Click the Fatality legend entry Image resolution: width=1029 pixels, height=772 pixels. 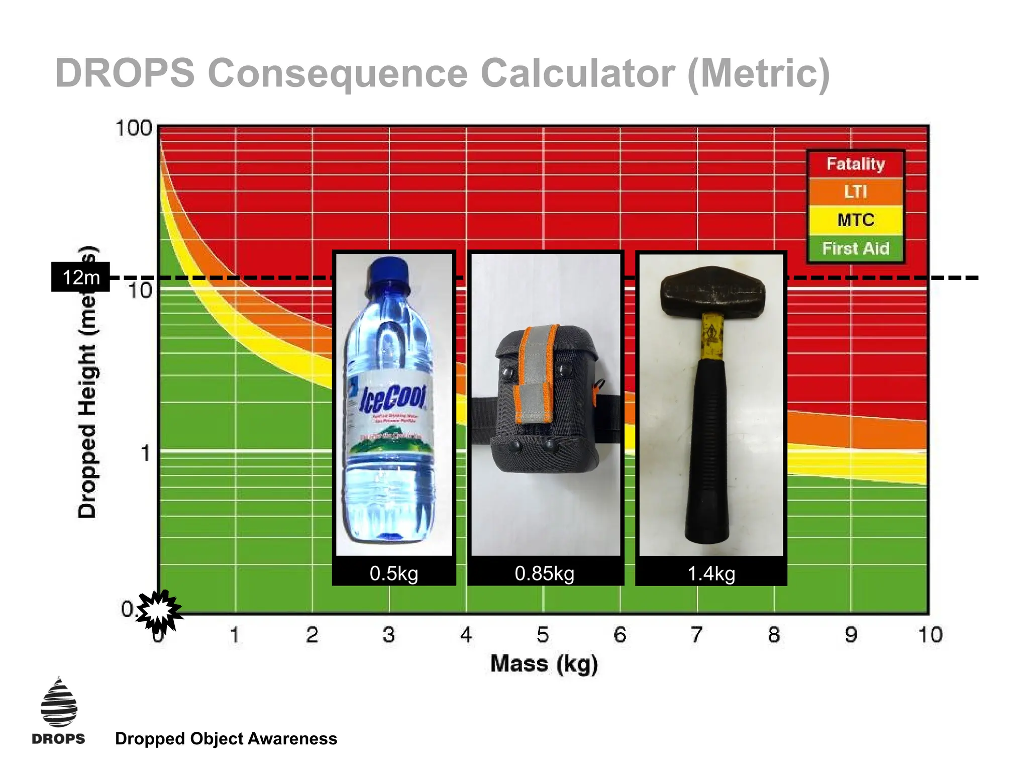pyautogui.click(x=855, y=164)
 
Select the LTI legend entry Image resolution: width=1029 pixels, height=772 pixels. pyautogui.click(x=855, y=191)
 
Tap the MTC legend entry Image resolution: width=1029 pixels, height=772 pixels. pyautogui.click(x=855, y=220)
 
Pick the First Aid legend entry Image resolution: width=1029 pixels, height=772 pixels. pyautogui.click(x=855, y=248)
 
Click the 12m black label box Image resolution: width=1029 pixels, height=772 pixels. pyautogui.click(x=80, y=277)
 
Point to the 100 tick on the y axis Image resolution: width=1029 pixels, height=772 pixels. pyautogui.click(x=133, y=128)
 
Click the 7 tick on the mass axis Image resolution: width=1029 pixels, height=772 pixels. pyautogui.click(x=696, y=635)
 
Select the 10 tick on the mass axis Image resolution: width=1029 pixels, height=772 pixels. pyautogui.click(x=930, y=635)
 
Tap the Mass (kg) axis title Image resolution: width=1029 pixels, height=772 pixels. pyautogui.click(x=544, y=663)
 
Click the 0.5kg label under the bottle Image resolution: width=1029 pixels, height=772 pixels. pyautogui.click(x=394, y=573)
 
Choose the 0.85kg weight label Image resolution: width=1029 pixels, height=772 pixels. pyautogui.click(x=545, y=573)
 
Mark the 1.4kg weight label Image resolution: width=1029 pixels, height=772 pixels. pyautogui.click(x=711, y=573)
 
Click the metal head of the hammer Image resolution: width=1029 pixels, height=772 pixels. pyautogui.click(x=713, y=291)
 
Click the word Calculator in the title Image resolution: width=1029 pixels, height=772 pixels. pyautogui.click(x=578, y=73)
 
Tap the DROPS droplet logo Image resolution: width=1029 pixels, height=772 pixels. pyautogui.click(x=59, y=703)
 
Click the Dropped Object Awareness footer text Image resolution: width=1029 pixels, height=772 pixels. pyautogui.click(x=226, y=739)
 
